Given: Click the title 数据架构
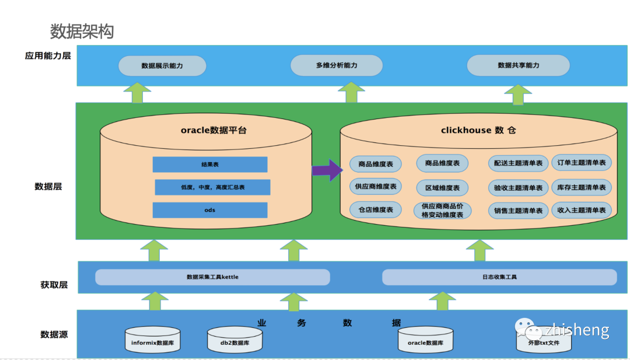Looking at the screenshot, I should [x=82, y=32].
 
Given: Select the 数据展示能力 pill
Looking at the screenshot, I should [x=162, y=66].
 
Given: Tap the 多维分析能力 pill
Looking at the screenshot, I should [x=337, y=65].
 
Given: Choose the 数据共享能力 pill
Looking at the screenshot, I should [x=518, y=65].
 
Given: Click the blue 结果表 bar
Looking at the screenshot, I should [x=210, y=165].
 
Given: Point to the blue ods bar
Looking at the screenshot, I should [x=210, y=210].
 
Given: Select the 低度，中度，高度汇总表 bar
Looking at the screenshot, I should [x=212, y=187].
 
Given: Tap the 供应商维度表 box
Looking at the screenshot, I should [x=375, y=187].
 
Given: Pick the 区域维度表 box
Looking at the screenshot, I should [x=442, y=188].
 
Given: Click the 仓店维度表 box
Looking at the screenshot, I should [x=375, y=209].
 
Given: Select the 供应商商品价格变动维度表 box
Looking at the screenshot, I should [x=442, y=211].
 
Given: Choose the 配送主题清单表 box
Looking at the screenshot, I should [x=518, y=163].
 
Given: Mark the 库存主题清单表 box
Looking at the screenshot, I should [x=582, y=187].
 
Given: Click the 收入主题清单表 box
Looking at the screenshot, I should [x=582, y=210].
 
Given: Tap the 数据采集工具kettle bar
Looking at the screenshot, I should [x=212, y=277].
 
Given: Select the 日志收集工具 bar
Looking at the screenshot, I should [x=499, y=277].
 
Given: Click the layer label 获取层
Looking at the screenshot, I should [x=54, y=285].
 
